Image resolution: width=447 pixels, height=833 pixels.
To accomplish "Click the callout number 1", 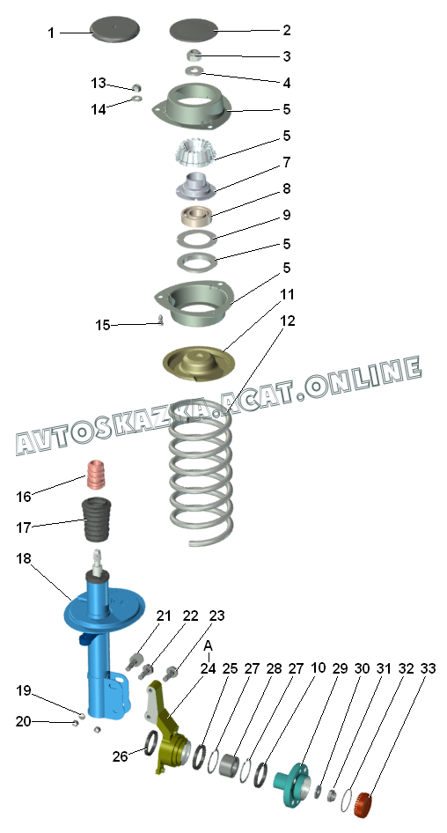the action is coord(51,33).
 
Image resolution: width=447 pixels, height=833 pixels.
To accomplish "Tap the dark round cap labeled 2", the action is coord(194,29).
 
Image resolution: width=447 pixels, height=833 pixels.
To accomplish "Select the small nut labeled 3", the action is coord(194,55).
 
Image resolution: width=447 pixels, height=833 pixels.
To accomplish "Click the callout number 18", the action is coord(24,559).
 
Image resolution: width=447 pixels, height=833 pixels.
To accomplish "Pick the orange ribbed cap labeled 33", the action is coord(363,804).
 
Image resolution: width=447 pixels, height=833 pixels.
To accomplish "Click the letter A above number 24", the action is coord(209,646).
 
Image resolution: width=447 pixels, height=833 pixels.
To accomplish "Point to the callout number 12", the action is coord(287,321).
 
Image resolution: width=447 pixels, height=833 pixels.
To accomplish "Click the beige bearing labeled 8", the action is coord(196,217).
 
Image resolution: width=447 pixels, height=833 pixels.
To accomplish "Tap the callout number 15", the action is coord(102,325).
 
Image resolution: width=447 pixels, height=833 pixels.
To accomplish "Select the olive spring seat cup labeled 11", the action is coord(199,365).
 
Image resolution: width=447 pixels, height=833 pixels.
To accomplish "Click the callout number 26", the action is coord(120,756).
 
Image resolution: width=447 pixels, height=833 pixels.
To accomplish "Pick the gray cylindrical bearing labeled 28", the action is coord(230,764).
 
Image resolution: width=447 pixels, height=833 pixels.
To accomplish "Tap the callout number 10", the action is coord(318,668).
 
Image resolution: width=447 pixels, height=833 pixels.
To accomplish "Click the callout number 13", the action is coord(99,83).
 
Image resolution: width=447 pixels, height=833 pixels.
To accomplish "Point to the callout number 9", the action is coord(287,215).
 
